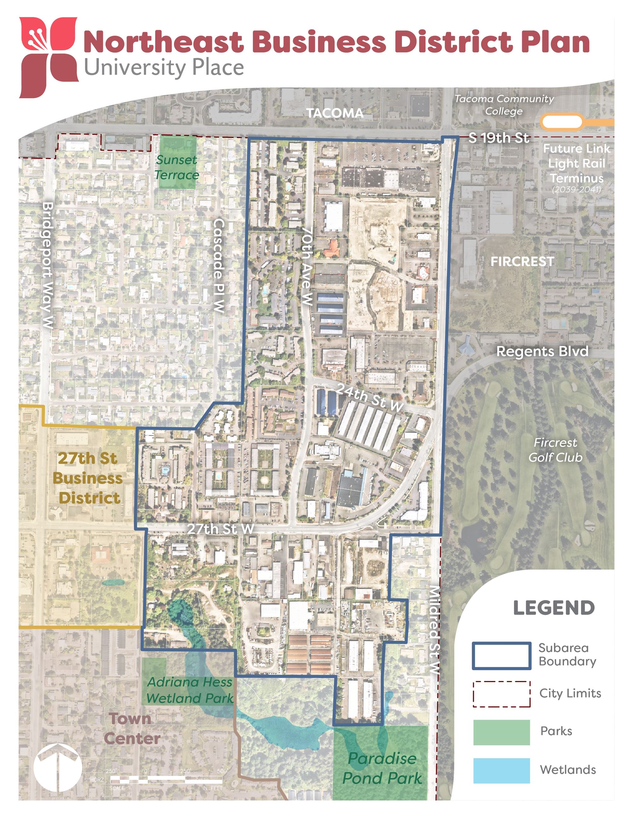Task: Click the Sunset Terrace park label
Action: (177, 167)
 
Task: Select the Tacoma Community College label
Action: (504, 105)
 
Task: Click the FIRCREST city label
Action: (522, 261)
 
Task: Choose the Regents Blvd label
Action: (542, 351)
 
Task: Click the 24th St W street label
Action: (369, 397)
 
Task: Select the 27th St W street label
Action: (221, 529)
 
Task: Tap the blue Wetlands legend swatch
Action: (501, 770)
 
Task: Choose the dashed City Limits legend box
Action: (501, 694)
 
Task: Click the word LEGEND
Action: (554, 608)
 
